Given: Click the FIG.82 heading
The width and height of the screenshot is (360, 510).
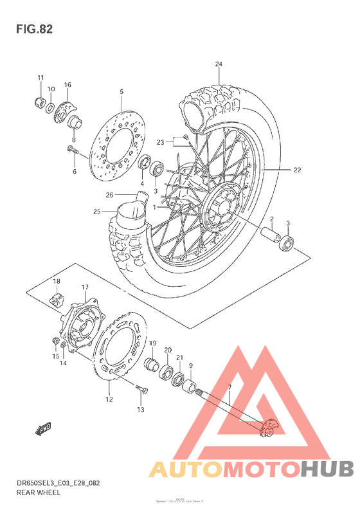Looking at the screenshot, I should (33, 29).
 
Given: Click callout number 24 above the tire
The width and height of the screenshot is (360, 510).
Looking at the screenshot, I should (219, 64).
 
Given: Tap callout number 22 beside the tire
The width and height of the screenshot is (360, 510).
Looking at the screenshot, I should (297, 170).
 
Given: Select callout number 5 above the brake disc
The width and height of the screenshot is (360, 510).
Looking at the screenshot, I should (122, 92).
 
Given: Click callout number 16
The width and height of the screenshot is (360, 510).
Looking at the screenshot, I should (67, 85).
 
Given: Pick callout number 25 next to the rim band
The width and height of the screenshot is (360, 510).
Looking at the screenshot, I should (96, 212).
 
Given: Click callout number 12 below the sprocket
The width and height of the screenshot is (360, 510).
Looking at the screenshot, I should (109, 399).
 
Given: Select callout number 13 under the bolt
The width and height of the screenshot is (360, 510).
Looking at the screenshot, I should (141, 409).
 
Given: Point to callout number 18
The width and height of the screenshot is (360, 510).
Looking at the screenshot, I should (57, 282).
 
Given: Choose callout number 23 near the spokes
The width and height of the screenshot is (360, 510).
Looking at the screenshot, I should (161, 142).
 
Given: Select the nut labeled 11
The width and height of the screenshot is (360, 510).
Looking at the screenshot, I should (39, 101).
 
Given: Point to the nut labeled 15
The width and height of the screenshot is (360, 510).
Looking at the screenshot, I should (56, 340).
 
